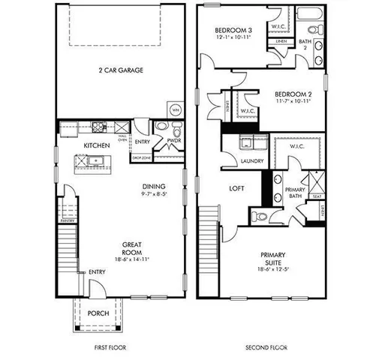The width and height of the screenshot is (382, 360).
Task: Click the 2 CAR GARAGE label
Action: (120, 70)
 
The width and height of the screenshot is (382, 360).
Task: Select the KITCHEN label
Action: (97, 145)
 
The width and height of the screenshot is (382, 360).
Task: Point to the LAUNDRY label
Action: (250, 161)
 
